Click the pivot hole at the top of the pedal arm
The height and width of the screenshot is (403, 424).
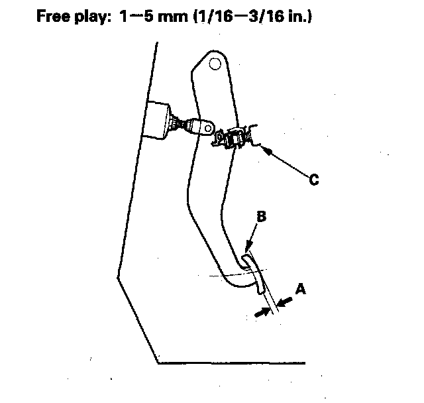(215, 64)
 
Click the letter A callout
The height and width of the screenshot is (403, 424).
(300, 289)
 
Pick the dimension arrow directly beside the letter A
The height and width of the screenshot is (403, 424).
(285, 303)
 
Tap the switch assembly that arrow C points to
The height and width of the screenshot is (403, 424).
(235, 137)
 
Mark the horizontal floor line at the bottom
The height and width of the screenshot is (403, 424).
(232, 363)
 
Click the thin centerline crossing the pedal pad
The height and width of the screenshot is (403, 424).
(219, 273)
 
